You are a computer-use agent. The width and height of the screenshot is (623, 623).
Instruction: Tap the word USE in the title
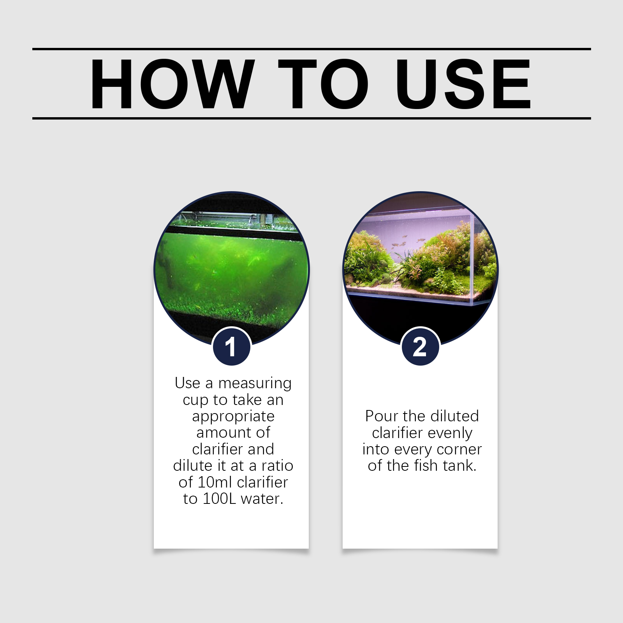point(463,84)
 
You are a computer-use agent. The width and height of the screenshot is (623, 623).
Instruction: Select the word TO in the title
point(323,84)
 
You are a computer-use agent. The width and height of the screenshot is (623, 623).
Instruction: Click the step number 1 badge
point(232,346)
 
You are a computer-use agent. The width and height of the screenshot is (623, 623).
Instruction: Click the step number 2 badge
point(421,346)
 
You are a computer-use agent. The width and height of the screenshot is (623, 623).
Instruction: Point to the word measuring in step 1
point(255,384)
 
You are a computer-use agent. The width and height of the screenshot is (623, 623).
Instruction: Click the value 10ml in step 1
point(215,482)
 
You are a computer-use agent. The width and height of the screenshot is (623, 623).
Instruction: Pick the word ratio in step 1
point(277,466)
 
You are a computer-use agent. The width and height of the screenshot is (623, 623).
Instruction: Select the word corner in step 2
point(459,450)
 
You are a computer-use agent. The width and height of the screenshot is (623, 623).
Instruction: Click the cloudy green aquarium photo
point(232,269)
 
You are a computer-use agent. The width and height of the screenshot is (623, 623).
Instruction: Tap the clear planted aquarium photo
point(421,269)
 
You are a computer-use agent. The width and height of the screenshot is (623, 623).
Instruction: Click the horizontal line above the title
point(311,49)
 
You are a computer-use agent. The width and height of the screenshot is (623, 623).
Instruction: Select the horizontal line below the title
point(311,118)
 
